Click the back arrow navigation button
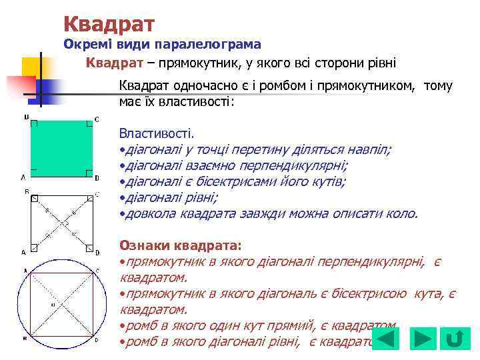tap(385, 339)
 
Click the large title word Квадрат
tap(109, 24)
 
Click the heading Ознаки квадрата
tap(179, 246)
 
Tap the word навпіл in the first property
tap(371, 150)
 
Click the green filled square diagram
tap(61, 148)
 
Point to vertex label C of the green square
tap(97, 119)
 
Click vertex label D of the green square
tap(97, 178)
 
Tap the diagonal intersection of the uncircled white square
tap(61, 221)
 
